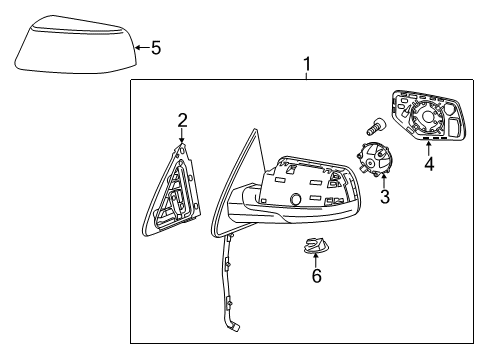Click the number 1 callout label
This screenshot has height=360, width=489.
point(306,65)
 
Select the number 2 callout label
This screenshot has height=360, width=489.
point(182,121)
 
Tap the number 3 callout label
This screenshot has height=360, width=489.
point(384,197)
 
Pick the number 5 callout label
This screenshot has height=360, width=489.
point(155,46)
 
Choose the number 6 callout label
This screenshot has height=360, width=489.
point(316,276)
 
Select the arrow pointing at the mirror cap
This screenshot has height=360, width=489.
point(140,46)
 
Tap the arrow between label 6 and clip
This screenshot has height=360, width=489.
point(316,261)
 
